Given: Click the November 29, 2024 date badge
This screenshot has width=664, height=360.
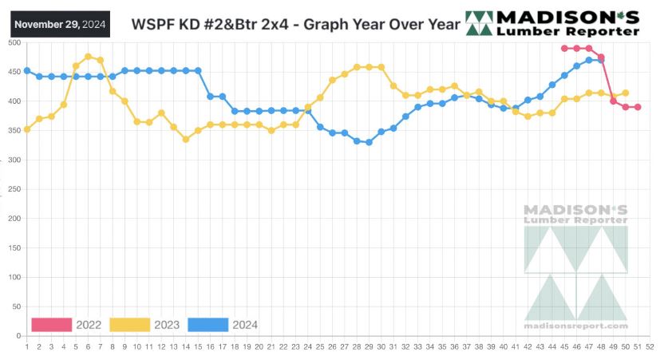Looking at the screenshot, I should pos(60,24).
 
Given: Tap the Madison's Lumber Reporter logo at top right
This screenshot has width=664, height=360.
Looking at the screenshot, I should pos(552,24).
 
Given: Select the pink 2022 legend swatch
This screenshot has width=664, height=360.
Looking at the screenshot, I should pos(50,324).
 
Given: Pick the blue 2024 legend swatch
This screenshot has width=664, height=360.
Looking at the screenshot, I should pos(207,324).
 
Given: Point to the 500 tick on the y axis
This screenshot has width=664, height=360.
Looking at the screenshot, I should pos(14,42).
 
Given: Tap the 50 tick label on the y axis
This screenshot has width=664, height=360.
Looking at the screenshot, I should pos(16,307).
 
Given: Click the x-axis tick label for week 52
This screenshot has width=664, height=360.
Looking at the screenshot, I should pos(650,346).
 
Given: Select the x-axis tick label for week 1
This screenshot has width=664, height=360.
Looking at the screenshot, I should pos(27,346).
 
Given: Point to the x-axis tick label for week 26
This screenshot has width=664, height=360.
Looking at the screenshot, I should pos(332,346).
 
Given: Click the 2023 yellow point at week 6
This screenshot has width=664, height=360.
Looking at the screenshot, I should pos(88,57).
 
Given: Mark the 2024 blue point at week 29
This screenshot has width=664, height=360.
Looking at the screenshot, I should pos(369,142).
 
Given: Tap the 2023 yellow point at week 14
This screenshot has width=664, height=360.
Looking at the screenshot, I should pos(186,139).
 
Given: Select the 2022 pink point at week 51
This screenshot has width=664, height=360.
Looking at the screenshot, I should pos(638,107).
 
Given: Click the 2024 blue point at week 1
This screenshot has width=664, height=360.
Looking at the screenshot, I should pos(27,70).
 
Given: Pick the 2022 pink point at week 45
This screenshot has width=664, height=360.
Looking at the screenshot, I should pos(564,48).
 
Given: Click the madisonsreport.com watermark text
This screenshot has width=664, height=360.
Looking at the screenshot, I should pos(575,326).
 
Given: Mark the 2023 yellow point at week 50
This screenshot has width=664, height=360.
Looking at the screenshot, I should pos(626,93).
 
